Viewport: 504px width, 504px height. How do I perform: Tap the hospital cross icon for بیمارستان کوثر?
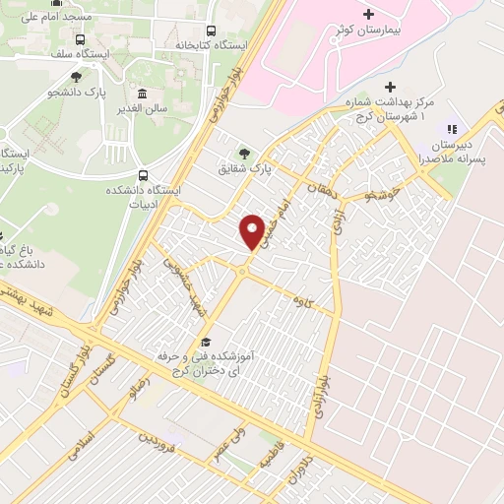tap(369, 15)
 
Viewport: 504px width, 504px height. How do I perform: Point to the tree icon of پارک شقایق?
tap(243, 153)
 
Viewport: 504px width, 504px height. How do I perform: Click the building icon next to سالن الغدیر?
tap(143, 94)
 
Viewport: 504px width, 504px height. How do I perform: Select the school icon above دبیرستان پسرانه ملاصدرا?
tap(454, 128)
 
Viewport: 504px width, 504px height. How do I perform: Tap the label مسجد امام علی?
tap(55, 17)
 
